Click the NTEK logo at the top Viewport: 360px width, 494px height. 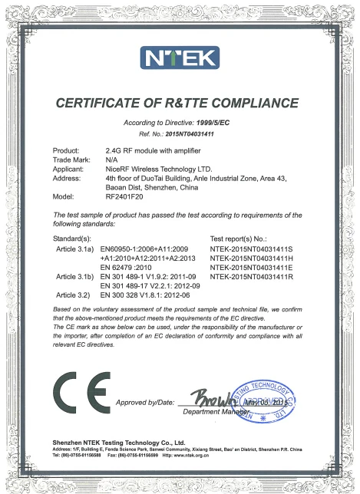point(180,57)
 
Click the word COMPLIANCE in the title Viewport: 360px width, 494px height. point(249,102)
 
